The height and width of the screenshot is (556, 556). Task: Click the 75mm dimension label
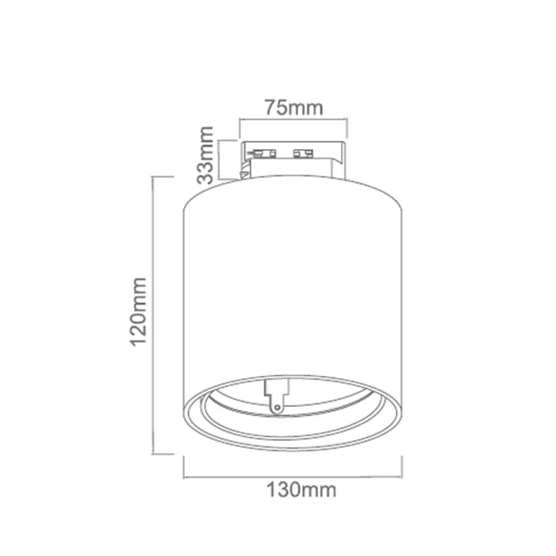pos(294,107)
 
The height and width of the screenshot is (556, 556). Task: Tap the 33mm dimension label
pos(205,155)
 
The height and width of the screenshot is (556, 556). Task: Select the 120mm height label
pos(139,312)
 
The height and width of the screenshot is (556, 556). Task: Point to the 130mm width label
pos(301,490)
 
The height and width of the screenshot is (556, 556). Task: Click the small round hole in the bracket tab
pos(277,408)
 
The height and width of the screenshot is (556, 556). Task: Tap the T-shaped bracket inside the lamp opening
pos(275,397)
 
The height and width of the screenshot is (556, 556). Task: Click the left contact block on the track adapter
pos(263,153)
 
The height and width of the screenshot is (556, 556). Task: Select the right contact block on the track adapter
pos(303,153)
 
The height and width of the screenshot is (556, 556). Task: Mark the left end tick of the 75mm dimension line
pos(240,128)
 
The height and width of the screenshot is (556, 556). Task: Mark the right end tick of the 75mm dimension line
pos(347,128)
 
